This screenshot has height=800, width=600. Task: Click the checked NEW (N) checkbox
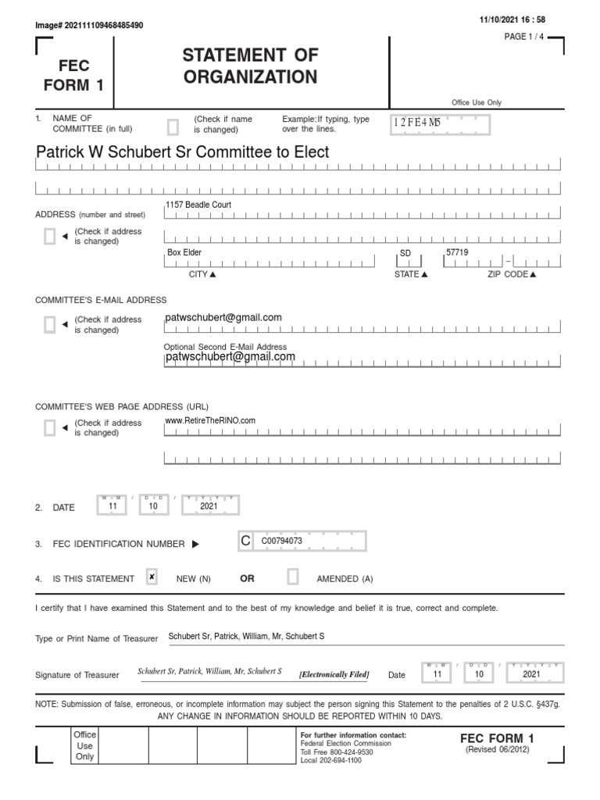tap(152, 577)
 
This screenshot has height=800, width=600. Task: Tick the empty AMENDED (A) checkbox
tap(293, 577)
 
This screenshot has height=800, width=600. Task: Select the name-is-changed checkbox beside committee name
tap(173, 127)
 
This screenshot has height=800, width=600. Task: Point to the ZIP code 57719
tap(457, 253)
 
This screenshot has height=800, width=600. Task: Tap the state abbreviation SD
tap(405, 254)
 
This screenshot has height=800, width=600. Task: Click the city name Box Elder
tap(184, 253)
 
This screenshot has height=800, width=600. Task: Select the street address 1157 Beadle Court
tap(198, 205)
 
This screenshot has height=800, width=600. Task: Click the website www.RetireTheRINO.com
tap(210, 420)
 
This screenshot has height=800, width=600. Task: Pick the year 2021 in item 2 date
tap(209, 506)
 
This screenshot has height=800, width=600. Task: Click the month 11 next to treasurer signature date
tap(437, 673)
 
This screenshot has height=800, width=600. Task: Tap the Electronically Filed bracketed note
tap(334, 674)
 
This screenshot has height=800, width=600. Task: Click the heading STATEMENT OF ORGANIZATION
tap(250, 66)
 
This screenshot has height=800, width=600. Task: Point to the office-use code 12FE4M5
tap(418, 123)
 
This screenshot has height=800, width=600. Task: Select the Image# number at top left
tap(89, 25)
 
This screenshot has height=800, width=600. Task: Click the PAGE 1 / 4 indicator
tap(527, 37)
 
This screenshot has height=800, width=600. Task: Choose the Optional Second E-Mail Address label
tap(225, 347)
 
